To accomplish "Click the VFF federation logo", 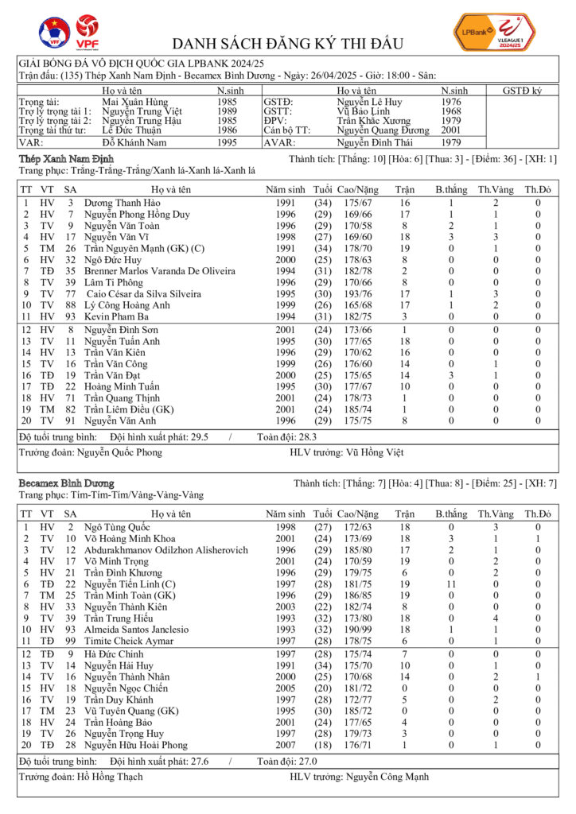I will point(54,32).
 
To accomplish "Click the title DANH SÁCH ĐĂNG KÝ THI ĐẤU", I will point(287,44).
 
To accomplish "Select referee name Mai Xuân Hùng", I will point(135,102).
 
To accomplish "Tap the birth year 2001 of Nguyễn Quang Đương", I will point(450,130).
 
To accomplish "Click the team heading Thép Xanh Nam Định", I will point(66,160).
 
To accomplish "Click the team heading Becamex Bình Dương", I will point(66,483).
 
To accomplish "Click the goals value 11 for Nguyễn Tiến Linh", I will point(451,583).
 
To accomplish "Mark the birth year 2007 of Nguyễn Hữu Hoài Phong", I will point(286,744).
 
